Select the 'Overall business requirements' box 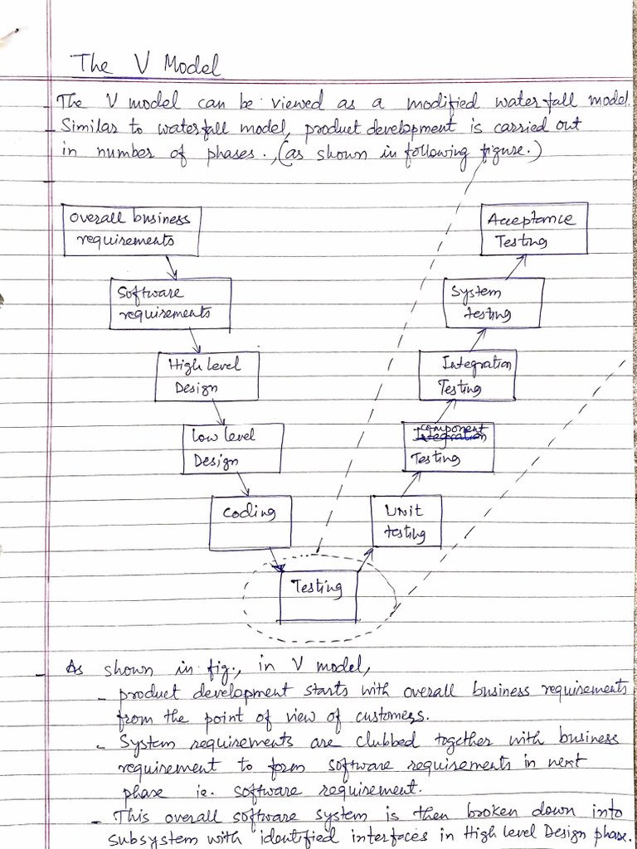click(131, 230)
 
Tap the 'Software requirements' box click(170, 303)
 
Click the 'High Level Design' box click(208, 375)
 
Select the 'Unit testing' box click(406, 521)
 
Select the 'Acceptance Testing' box click(534, 230)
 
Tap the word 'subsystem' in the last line click(150, 837)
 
